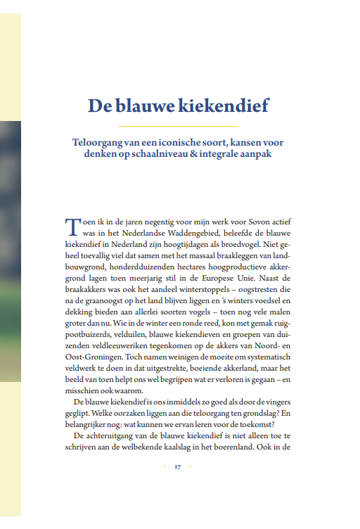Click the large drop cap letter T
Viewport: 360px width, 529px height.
[72, 227]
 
